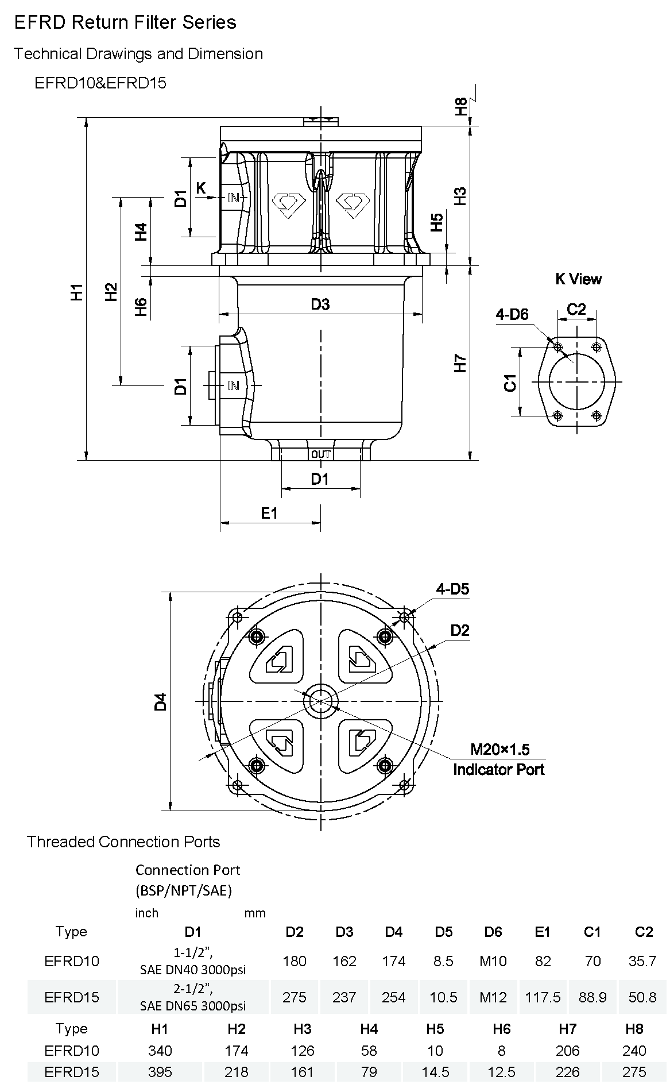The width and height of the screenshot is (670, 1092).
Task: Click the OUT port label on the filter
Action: tap(320, 454)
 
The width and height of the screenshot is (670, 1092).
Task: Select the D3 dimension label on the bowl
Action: tap(320, 304)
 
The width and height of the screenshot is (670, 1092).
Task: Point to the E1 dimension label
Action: tap(269, 513)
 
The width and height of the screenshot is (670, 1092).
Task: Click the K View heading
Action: tap(578, 279)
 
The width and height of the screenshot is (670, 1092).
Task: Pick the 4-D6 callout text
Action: tap(512, 314)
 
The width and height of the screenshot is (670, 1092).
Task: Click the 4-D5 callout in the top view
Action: tap(452, 589)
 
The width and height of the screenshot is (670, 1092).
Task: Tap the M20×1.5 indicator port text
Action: tap(499, 749)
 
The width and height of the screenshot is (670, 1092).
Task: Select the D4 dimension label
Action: tap(161, 701)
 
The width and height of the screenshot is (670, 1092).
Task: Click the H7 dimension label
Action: tap(460, 363)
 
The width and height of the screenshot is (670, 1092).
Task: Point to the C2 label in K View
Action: tap(576, 309)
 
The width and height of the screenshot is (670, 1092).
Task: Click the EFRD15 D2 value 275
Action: tap(295, 997)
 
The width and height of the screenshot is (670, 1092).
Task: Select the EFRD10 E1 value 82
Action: tap(543, 961)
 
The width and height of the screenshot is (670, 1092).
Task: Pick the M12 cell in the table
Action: tap(493, 997)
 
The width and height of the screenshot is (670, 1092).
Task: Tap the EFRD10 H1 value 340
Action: tap(160, 1051)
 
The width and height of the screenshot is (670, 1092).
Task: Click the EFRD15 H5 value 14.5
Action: tap(435, 1072)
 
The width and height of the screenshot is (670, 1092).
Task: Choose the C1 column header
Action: tap(592, 932)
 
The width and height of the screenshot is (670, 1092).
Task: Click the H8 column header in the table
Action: tap(634, 1029)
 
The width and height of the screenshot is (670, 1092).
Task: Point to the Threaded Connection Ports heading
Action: tap(123, 842)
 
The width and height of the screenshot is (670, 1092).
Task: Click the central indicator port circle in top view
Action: tap(320, 701)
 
